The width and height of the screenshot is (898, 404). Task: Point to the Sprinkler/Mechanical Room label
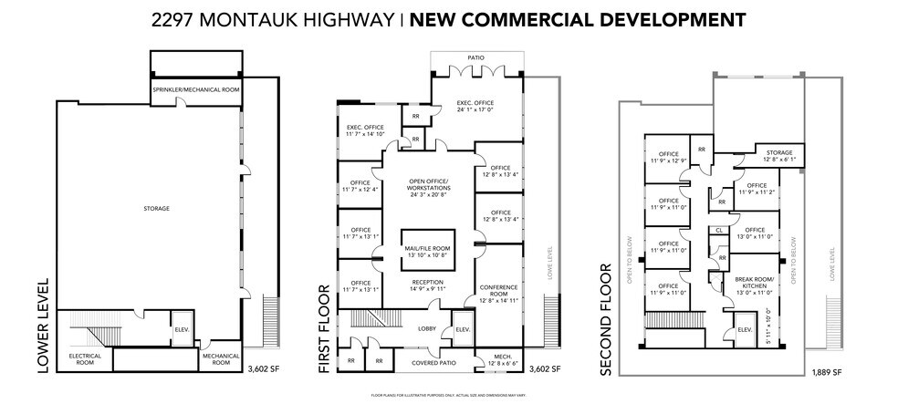click(195, 91)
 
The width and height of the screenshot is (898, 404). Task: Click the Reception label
click(427, 286)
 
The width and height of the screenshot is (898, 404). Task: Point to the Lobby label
click(427, 328)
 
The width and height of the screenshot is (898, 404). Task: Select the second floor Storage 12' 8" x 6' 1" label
click(778, 156)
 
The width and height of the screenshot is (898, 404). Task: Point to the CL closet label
click(720, 232)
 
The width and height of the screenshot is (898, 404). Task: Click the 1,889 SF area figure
click(827, 372)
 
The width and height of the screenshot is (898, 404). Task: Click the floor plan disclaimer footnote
click(448, 394)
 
